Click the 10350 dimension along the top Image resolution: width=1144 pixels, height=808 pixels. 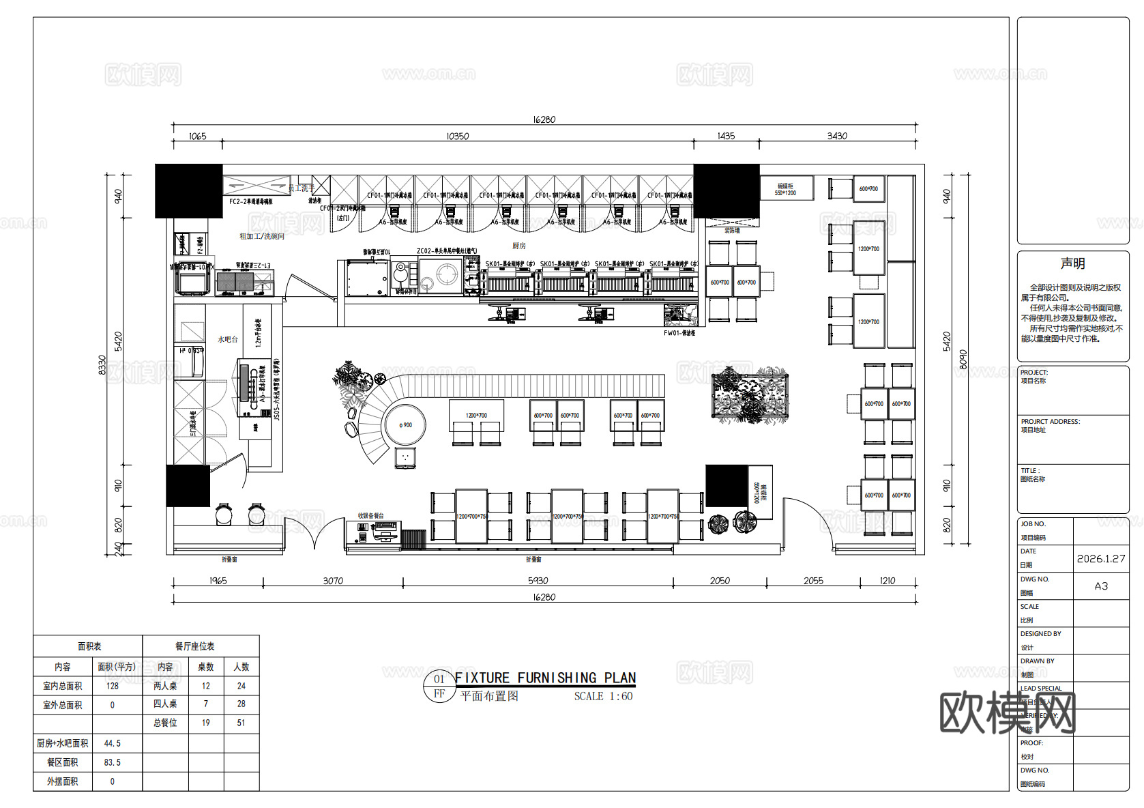coord(457,136)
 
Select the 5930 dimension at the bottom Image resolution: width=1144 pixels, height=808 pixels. coord(538,581)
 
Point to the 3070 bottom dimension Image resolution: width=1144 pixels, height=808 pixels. coord(333,581)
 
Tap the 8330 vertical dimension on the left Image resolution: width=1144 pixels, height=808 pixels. coord(102,364)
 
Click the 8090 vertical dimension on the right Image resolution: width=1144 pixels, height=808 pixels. coord(963,360)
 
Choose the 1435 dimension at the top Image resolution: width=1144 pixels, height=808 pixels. coord(726,136)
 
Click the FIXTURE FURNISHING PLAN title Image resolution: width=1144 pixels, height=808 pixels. coord(545,678)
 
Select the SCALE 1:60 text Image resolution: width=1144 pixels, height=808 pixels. coord(603,696)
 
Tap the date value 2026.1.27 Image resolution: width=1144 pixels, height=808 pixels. coord(1101,558)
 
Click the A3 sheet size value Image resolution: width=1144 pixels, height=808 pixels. coord(1101,586)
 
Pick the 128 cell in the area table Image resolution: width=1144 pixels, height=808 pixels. coord(113,686)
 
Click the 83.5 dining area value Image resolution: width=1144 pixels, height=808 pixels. coord(113,762)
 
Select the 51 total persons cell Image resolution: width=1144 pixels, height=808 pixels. coord(241,723)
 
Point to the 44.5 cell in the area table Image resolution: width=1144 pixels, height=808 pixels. coord(113,743)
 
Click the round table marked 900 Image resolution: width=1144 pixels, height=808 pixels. coord(405,424)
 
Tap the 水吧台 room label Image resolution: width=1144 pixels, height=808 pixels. coord(228,339)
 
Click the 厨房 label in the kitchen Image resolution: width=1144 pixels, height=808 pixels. coord(519,246)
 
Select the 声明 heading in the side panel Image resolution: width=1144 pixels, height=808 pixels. coord(1072,263)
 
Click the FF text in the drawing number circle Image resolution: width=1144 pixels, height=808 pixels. coord(439,693)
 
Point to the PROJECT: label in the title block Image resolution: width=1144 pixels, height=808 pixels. coord(1033,372)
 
